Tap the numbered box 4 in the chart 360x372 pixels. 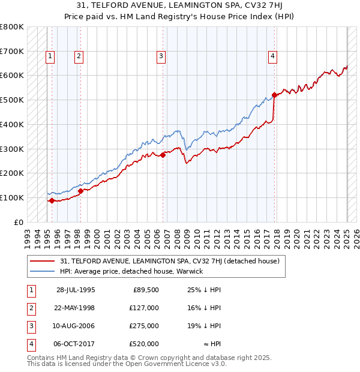point(272,57)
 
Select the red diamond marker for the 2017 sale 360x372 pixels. point(274,95)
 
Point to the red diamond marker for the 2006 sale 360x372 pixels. point(163,155)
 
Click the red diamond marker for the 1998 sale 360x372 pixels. point(80,191)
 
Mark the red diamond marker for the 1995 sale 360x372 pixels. point(52,200)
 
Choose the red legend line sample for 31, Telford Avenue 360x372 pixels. point(42,262)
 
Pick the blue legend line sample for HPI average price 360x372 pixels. point(42,271)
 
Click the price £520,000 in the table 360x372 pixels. point(145,344)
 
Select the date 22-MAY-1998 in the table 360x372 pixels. point(75,308)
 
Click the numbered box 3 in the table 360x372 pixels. point(30,326)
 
